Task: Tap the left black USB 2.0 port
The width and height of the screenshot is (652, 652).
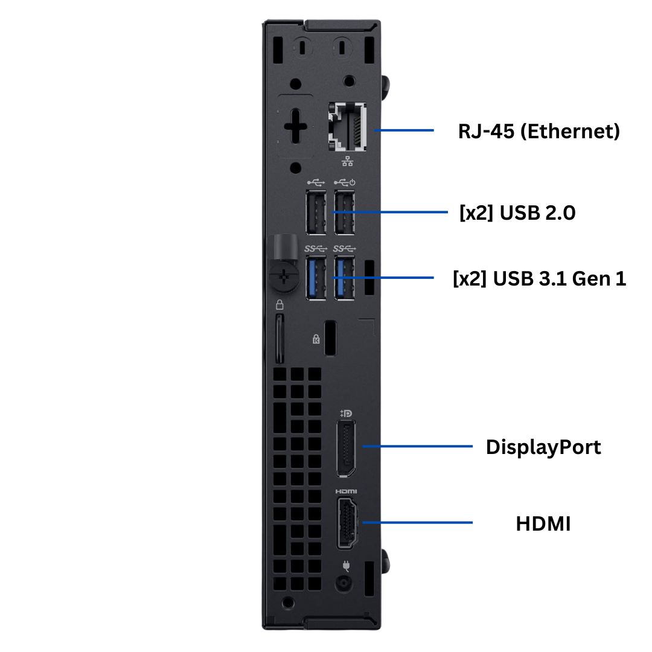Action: click(316, 212)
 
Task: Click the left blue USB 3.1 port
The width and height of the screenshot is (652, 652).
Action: click(316, 277)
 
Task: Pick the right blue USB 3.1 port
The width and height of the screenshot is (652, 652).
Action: click(344, 277)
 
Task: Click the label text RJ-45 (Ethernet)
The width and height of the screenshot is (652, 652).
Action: click(539, 131)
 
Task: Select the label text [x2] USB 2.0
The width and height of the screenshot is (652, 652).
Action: click(517, 213)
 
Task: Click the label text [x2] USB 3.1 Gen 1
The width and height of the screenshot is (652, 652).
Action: click(539, 278)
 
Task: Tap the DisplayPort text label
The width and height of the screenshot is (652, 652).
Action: click(543, 447)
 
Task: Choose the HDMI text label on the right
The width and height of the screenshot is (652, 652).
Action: click(543, 523)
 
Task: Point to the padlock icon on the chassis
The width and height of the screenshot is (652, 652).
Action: click(280, 304)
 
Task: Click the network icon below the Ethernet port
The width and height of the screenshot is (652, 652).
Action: click(348, 161)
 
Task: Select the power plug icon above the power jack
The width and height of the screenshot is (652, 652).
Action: click(345, 566)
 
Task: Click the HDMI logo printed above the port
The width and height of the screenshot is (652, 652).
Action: click(346, 492)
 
